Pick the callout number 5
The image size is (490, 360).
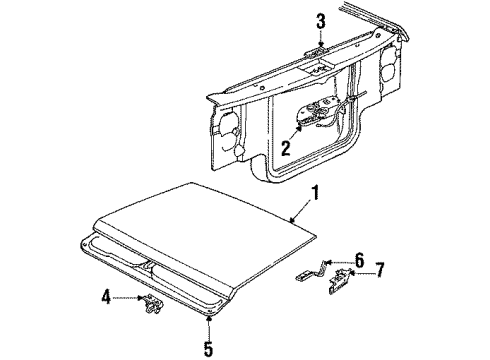(209, 350)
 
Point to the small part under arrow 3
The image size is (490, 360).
(313, 50)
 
